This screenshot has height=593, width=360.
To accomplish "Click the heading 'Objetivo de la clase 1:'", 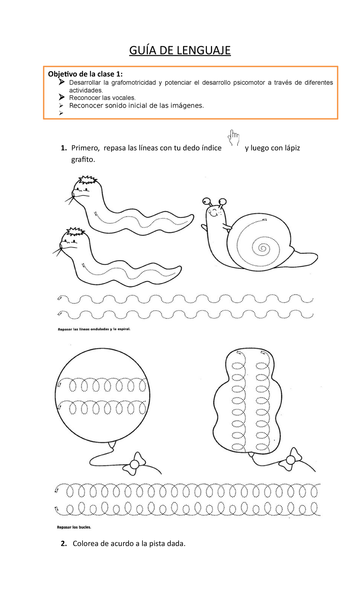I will [85, 74].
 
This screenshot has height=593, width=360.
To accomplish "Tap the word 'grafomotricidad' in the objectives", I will [133, 83].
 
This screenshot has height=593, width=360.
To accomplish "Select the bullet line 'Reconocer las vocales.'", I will [102, 98].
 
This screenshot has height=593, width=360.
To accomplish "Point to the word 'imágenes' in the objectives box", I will [187, 106].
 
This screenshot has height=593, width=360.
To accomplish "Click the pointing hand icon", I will [234, 138].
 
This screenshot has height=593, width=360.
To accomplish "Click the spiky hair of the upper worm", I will [87, 180].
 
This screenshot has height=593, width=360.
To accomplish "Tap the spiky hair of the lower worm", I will [75, 231].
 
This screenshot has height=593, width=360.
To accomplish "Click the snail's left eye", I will [206, 201].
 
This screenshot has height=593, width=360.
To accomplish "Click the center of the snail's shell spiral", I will [263, 248].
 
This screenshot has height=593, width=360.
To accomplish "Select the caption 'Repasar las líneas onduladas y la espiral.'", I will [94, 329].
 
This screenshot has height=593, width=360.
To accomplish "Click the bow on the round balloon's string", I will [134, 464].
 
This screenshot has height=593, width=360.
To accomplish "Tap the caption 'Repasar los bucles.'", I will [74, 527].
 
